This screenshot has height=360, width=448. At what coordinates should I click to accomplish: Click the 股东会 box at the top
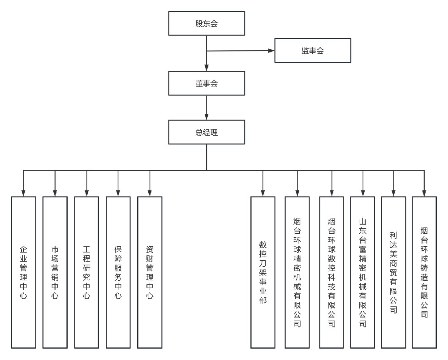pos(207,24)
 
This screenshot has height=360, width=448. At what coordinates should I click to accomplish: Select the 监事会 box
pos(312,51)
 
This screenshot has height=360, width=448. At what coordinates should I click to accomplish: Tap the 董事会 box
pos(207,83)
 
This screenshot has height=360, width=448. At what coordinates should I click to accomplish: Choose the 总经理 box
pos(207,132)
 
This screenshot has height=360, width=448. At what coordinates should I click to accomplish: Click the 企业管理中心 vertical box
pos(23,272)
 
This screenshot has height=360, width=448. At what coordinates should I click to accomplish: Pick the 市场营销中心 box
pos(55,272)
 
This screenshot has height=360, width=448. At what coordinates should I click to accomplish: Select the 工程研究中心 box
pos(86,272)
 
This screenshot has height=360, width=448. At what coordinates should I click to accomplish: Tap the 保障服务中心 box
pos(118,272)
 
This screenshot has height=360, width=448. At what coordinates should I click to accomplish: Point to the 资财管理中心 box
pos(150,272)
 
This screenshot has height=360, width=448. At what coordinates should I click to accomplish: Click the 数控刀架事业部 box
pos(263,272)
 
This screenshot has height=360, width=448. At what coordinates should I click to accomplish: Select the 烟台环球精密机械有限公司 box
pos(297,272)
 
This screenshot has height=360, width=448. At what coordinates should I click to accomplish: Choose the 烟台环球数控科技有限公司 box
pos(332,272)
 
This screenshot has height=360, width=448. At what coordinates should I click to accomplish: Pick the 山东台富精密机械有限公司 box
pos(363,272)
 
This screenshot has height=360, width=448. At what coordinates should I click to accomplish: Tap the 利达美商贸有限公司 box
pos(393,272)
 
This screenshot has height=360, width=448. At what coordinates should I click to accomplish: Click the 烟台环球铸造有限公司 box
pos(424,272)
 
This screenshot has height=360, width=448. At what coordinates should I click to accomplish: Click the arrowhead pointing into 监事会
pos(271,51)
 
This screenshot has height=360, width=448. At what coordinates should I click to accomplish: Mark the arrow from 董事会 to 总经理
pos(207,107)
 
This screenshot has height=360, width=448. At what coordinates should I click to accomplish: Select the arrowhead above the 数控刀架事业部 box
pos(263,193)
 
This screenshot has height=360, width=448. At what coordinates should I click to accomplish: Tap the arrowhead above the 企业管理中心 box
pos(23,193)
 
